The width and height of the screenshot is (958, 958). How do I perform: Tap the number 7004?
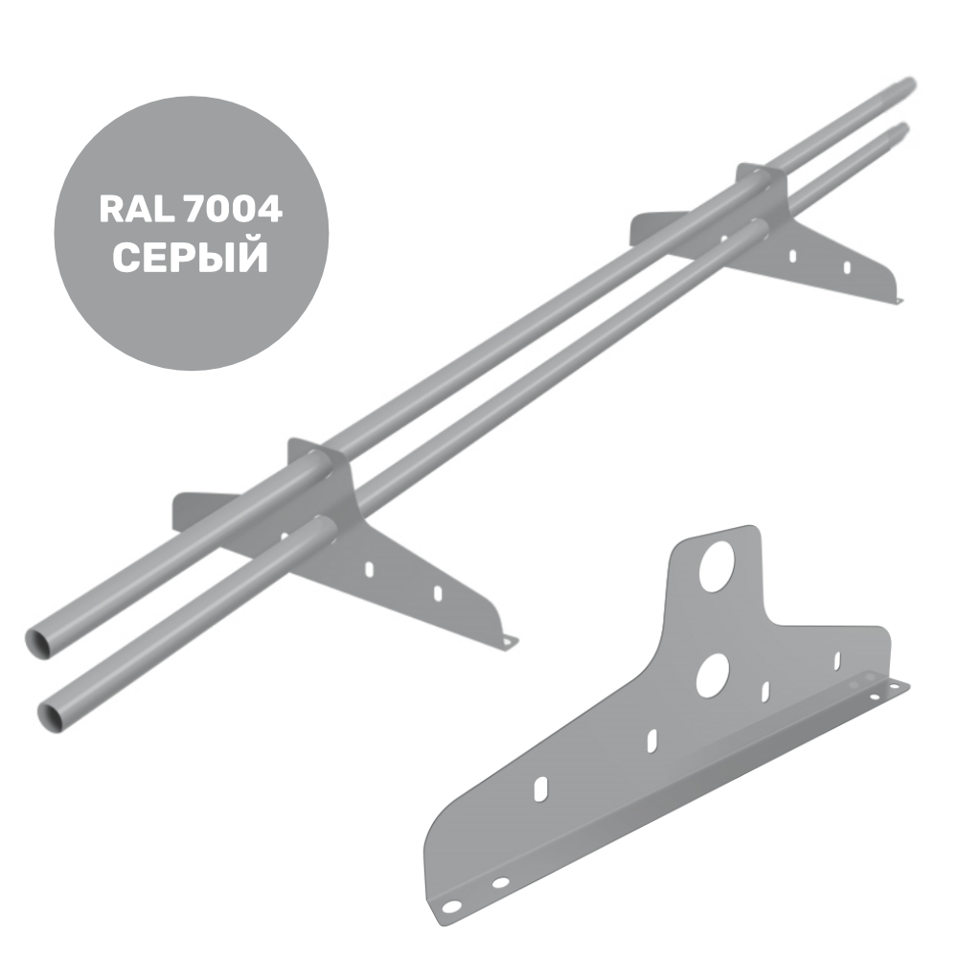pyautogui.click(x=231, y=210)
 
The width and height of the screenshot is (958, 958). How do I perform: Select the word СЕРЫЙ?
pyautogui.click(x=191, y=257)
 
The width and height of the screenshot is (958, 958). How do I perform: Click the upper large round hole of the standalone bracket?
pyautogui.click(x=717, y=566)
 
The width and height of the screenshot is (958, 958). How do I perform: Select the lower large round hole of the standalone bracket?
pyautogui.click(x=713, y=675)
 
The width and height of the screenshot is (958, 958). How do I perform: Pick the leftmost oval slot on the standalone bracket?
pyautogui.click(x=540, y=788)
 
